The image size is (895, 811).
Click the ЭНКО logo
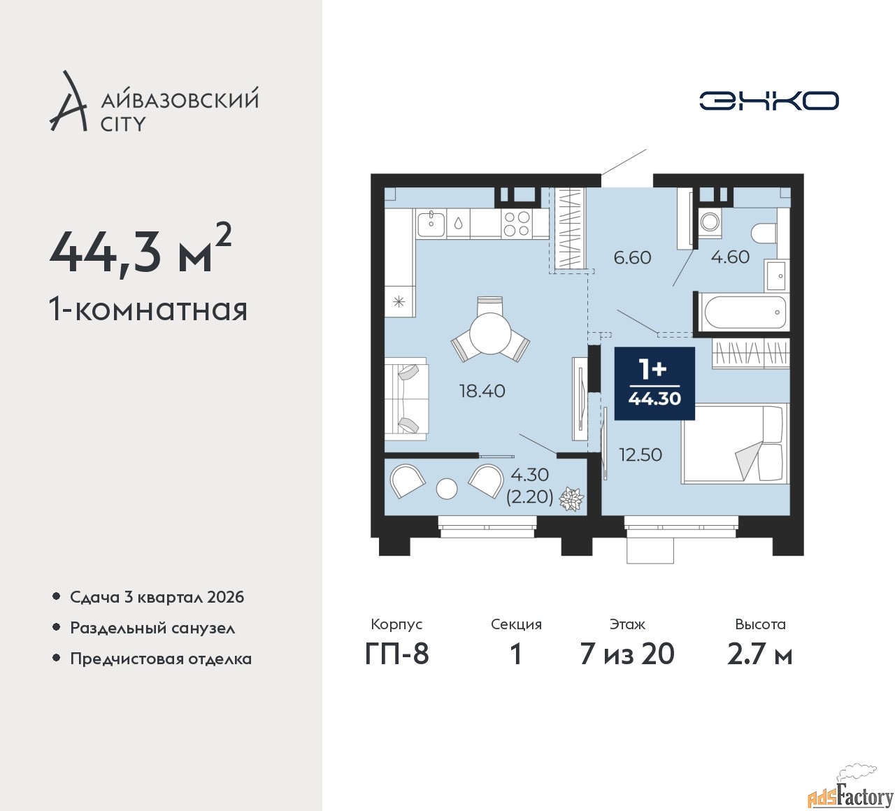pos(768,101)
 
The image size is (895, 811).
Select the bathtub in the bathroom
pos(743,311)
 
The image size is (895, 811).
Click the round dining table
pos(490,334)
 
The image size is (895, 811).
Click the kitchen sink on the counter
pos(431,224)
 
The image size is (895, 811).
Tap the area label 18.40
pos(482,392)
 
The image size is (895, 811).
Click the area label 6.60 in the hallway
pos(632,257)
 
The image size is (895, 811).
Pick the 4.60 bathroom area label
pos(730,257)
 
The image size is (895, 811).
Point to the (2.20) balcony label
pos(530,496)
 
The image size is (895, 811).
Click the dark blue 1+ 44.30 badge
pos(654,383)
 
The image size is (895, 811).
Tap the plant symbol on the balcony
pos(571,499)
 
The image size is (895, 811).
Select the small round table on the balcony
pos(447,489)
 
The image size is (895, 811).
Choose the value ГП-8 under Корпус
pos(396,654)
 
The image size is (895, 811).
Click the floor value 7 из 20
pos(627,654)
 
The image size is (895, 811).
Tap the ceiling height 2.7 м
pos(760,654)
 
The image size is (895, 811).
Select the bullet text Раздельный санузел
pos(152,628)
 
